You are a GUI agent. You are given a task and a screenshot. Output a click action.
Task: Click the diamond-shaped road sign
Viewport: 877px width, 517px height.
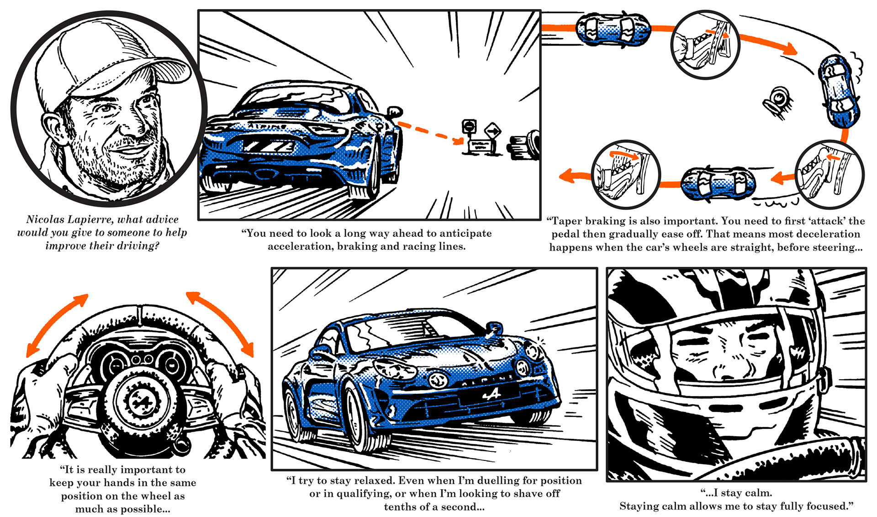tap(493, 131)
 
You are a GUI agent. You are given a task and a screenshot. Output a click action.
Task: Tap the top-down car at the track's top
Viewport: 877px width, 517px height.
tap(613, 29)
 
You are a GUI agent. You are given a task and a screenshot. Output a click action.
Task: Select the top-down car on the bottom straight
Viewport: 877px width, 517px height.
tap(718, 184)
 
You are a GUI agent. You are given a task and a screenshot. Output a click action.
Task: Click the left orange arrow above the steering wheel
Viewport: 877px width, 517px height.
tap(56, 324)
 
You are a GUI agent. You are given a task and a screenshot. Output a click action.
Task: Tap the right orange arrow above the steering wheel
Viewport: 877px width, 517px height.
tap(221, 322)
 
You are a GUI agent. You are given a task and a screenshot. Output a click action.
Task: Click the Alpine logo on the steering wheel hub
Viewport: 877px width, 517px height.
tap(137, 402)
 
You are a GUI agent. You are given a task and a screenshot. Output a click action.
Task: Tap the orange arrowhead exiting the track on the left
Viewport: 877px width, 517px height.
tap(566, 176)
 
